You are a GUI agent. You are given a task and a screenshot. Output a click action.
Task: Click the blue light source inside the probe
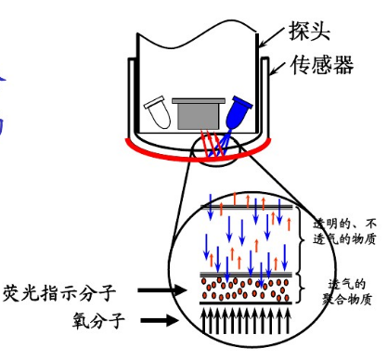[x=240, y=113]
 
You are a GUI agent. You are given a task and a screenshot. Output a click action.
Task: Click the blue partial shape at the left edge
[x=6, y=107]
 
